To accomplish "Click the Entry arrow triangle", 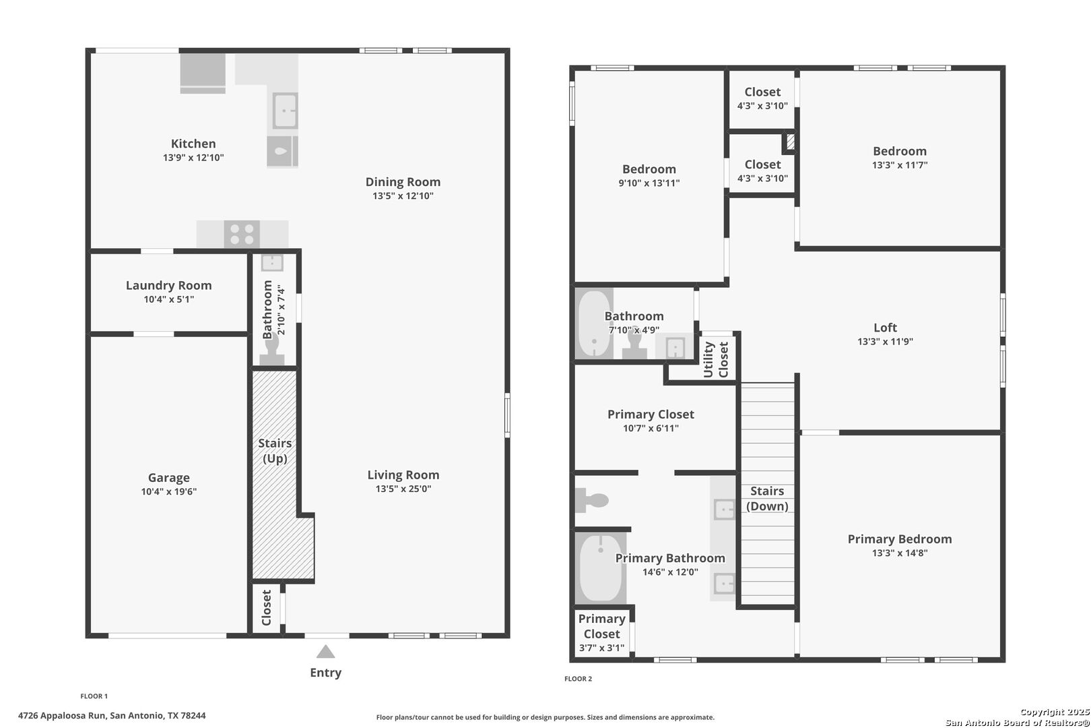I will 326,652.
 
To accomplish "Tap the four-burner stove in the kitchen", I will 242,235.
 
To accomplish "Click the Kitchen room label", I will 193,144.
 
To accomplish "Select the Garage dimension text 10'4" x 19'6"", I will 168,492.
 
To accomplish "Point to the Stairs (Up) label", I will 275,450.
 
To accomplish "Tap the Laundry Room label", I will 168,285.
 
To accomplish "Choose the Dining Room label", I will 403,182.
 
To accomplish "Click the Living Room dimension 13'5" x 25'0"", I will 403,489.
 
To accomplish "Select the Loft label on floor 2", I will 885,328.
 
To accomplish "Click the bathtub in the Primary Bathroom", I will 600,568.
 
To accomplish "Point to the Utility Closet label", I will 716,360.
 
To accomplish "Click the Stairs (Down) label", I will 767,499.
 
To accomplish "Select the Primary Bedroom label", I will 899,539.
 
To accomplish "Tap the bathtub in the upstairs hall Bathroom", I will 594,324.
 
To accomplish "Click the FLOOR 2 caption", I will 578,679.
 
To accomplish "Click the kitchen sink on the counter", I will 285,111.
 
